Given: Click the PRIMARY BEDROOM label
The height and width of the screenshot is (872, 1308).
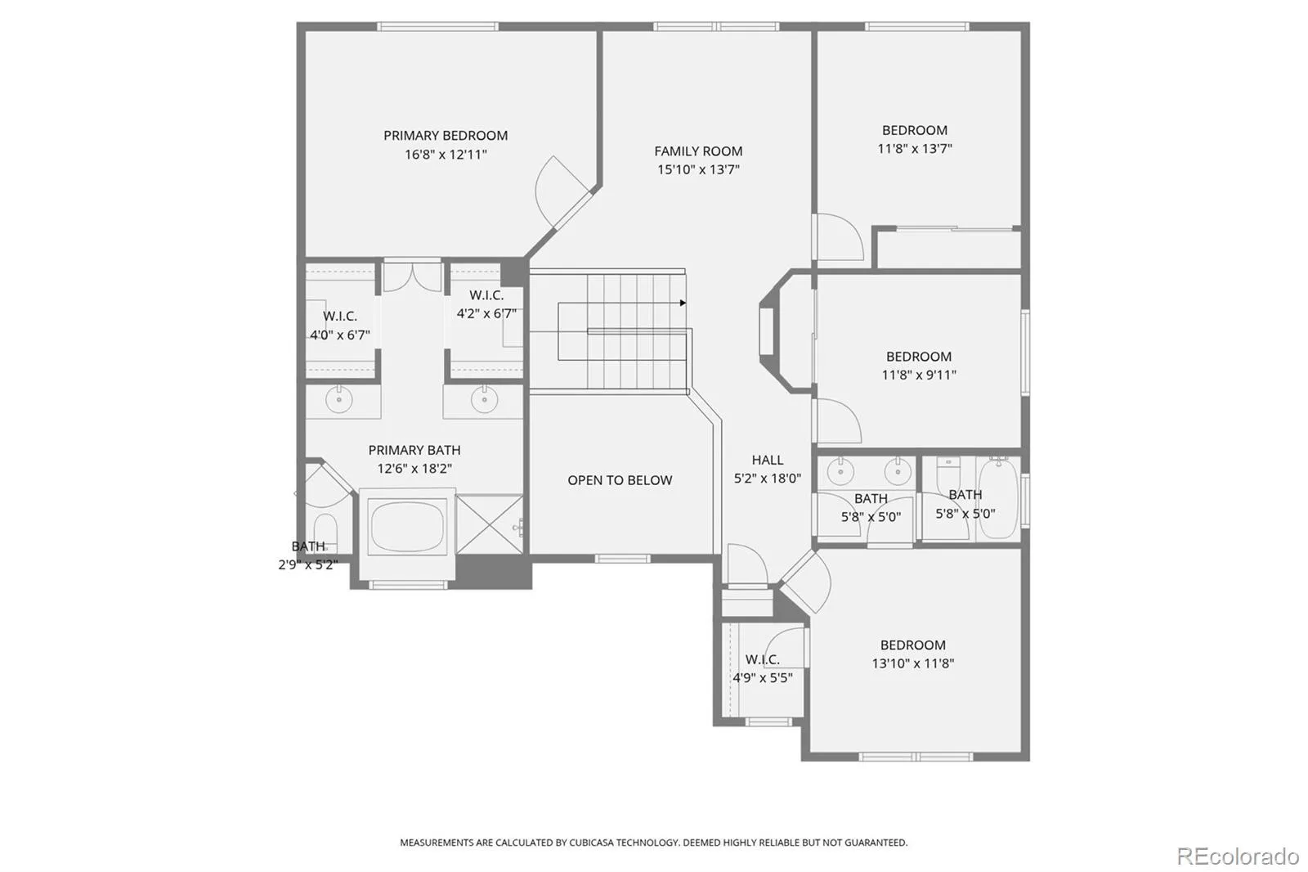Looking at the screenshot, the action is (446, 136).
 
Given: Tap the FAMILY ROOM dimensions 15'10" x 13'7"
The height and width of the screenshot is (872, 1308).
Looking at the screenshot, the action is (698, 169).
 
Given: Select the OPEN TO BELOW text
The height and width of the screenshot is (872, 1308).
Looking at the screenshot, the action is (620, 480).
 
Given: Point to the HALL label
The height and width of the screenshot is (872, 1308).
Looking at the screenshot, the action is (768, 460).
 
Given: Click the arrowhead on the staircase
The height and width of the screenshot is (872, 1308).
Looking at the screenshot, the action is (683, 303).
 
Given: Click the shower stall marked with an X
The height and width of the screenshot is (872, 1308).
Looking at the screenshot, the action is (490, 524).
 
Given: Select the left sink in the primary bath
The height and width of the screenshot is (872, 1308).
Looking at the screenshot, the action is (338, 400).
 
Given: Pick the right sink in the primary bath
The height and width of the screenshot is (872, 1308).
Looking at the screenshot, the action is (484, 400).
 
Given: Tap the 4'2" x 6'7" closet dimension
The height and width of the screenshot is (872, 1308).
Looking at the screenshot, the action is (486, 314).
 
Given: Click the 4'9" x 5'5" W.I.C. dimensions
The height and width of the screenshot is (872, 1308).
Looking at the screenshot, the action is (763, 678).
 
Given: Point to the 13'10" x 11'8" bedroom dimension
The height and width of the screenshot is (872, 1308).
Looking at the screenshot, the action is (912, 663).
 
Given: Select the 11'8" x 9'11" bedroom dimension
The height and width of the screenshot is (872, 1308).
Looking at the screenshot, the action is (919, 375).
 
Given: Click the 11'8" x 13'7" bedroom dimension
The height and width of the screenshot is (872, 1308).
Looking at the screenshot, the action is (915, 148).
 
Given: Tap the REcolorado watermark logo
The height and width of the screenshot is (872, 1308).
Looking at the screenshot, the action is (1238, 856).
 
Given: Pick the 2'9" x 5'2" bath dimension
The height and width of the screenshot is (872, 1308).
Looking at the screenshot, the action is (308, 564).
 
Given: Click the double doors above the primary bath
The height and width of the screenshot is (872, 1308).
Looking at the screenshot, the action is (412, 277).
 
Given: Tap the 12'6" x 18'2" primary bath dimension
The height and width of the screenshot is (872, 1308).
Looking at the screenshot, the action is (414, 469).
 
